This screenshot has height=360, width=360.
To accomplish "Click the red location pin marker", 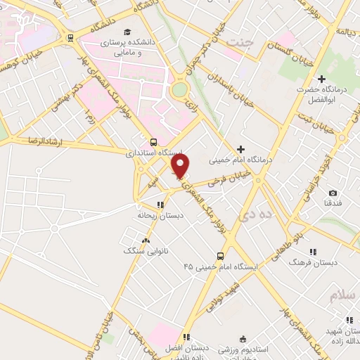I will tap(181, 166).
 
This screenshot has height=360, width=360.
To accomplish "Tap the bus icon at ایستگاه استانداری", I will tap(154, 142).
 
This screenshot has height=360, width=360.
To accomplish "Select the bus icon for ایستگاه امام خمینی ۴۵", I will tap(220, 257).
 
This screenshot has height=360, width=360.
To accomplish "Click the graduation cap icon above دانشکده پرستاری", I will tap(127, 32).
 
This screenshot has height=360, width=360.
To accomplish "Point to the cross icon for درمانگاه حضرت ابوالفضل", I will tap(322, 79).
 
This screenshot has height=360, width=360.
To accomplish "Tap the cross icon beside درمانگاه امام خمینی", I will tap(241, 149).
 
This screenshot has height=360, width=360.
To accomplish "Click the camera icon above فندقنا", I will tap(333, 193).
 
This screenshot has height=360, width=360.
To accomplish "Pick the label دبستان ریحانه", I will tap(160, 215).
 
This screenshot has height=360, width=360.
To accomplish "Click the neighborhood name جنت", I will tap(239, 44).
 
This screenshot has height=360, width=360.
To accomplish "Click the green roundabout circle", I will tap(179, 90).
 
